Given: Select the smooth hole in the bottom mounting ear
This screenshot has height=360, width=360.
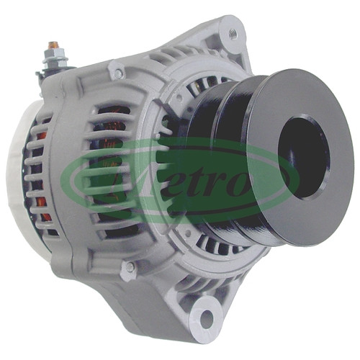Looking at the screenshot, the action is click(207, 319).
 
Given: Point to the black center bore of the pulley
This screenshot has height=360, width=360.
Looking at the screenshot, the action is click(304, 158).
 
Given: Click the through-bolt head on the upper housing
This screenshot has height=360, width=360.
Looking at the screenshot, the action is click(117, 72).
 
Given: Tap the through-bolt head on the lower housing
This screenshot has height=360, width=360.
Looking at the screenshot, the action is click(130, 267).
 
